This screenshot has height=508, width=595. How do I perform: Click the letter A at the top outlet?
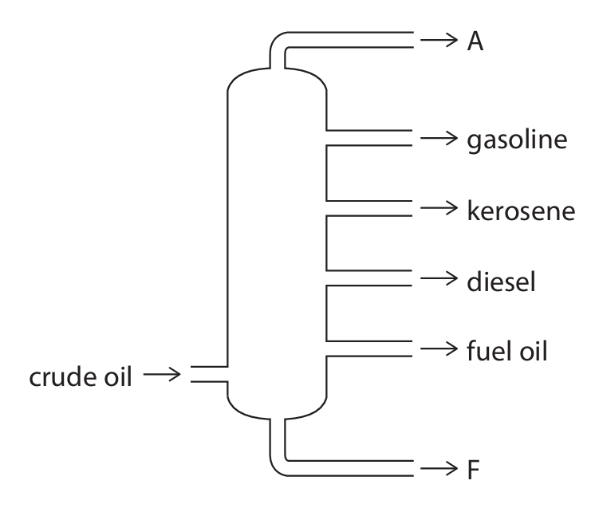(475, 41)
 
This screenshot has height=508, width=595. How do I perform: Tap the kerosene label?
(520, 211)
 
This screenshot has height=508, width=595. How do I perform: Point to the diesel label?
(500, 280)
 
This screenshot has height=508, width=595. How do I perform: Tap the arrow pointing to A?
(439, 41)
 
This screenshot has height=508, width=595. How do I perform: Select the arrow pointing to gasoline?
(439, 139)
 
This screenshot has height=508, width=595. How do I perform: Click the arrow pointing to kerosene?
(439, 209)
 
